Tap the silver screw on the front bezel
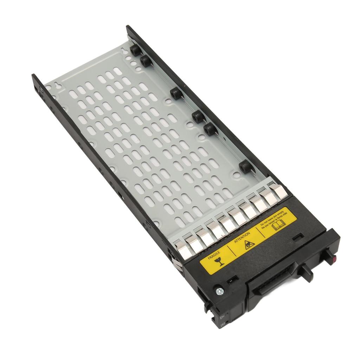pos(220,290)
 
